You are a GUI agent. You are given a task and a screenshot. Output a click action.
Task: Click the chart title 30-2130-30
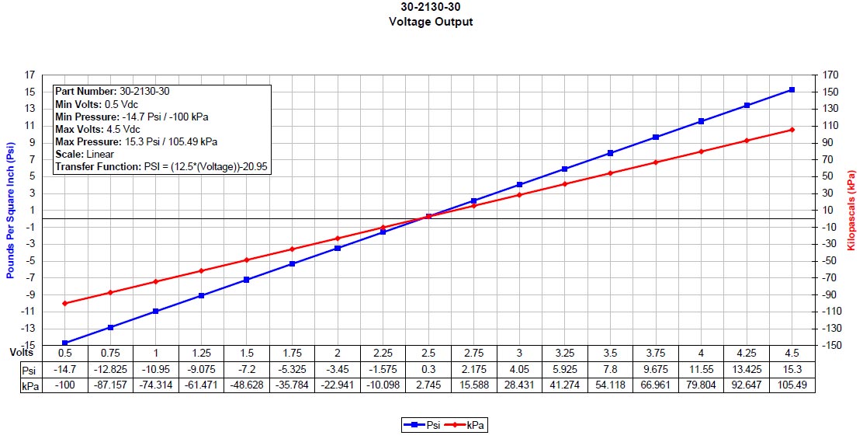431,9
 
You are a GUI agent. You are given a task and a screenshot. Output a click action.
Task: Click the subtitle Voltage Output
431,22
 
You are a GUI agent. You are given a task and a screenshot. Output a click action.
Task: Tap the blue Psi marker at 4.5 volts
792,89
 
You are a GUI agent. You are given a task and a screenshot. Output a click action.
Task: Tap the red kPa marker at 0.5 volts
65,304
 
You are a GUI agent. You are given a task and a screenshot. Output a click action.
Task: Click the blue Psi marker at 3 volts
519,184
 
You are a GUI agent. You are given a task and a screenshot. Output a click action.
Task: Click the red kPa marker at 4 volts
701,152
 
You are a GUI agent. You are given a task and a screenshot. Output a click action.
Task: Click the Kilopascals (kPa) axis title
852,210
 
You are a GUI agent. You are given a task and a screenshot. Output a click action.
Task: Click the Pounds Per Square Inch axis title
10,210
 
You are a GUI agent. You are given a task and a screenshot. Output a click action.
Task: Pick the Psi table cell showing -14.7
65,369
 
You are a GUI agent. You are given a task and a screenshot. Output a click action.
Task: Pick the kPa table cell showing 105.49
792,385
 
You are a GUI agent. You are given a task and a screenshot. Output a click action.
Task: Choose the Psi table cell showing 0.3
428,369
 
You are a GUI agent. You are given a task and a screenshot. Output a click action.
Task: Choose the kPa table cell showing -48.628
247,385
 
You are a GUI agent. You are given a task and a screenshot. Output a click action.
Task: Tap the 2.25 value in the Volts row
383,353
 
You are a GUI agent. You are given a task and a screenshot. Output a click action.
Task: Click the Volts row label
22,351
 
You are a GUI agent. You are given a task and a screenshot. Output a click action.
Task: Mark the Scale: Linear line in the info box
85,154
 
